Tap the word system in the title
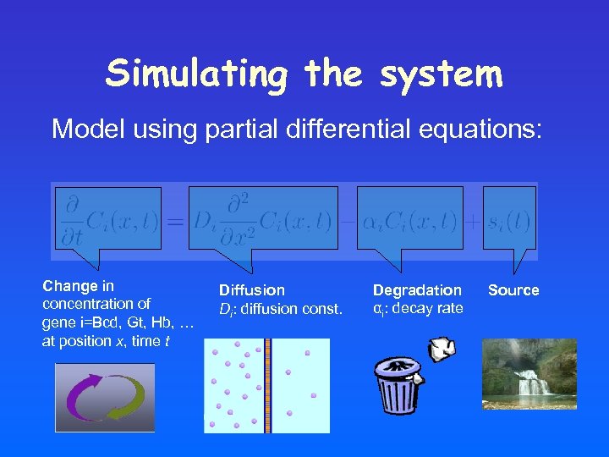[x=442, y=74]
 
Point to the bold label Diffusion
[x=252, y=290]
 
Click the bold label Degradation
[x=417, y=290]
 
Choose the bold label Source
[x=513, y=290]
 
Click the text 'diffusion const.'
[x=291, y=309]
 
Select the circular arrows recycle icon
[x=105, y=398]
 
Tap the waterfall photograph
[x=529, y=374]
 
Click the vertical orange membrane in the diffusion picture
[x=267, y=385]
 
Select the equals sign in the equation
[x=174, y=222]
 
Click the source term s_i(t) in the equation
[x=509, y=221]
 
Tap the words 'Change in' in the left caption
[x=79, y=286]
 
